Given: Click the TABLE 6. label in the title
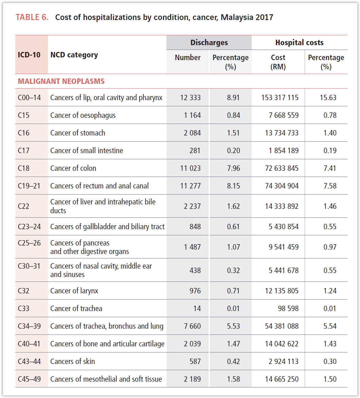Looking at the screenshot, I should click(32, 17).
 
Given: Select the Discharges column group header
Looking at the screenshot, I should click(209, 42).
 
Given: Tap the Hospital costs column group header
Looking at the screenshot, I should click(299, 42).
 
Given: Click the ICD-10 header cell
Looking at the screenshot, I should click(29, 55).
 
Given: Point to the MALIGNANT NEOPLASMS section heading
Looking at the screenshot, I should click(61, 82).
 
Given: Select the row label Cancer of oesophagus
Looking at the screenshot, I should click(83, 115).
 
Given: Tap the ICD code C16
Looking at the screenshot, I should click(24, 133).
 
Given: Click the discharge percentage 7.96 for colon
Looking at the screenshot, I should click(233, 168).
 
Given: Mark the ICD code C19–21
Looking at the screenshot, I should click(29, 186).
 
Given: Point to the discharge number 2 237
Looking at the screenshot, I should click(192, 206).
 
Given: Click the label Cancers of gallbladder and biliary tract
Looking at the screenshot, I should click(107, 227).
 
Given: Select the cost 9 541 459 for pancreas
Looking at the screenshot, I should click(284, 247).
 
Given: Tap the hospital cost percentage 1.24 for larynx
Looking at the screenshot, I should click(330, 291).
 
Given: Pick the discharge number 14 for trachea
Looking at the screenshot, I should click(197, 309).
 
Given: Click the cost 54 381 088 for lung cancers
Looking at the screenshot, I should click(282, 326).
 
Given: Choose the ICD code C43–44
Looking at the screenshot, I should click(29, 362).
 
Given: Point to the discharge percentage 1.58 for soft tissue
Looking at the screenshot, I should click(233, 379).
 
